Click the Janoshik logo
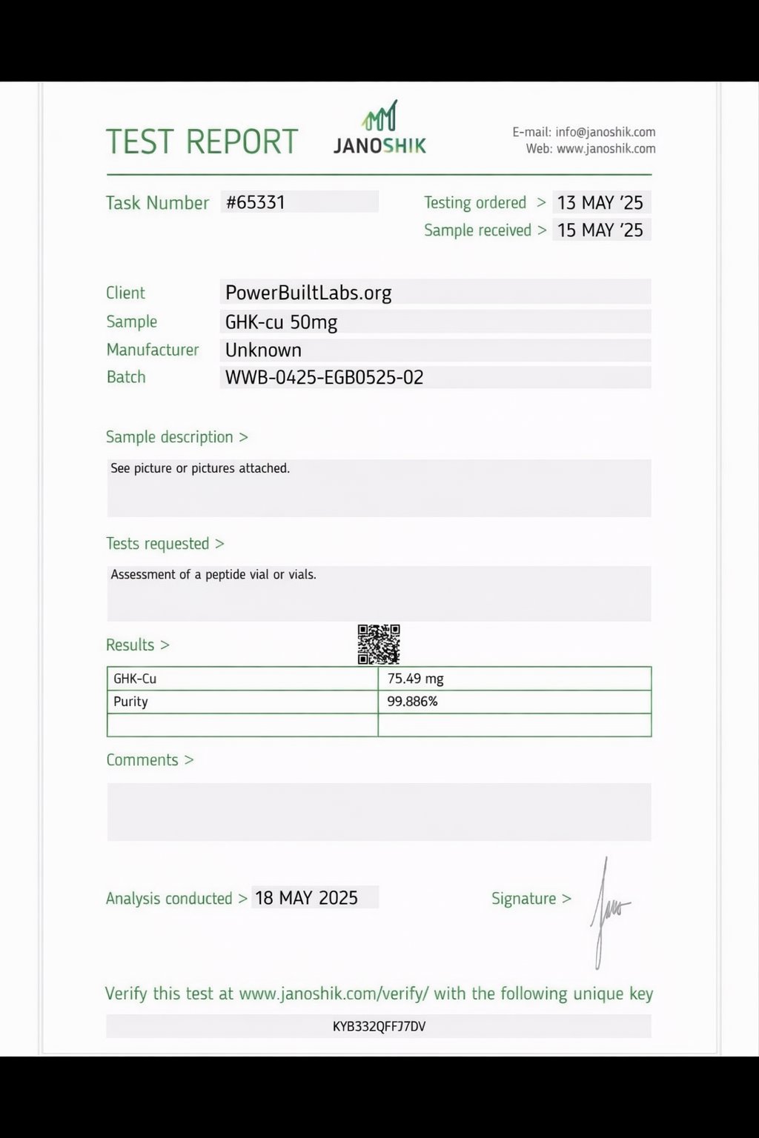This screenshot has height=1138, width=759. [x=379, y=128]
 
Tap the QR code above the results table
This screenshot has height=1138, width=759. [x=379, y=644]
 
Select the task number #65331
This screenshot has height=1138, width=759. [x=256, y=202]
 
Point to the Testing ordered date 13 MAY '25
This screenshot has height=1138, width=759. [x=600, y=202]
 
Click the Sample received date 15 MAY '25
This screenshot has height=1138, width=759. [x=600, y=230]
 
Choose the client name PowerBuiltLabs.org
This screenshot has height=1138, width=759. [x=308, y=293]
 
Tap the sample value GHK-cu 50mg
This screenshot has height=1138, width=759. [x=282, y=322]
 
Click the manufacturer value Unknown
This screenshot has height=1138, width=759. [x=263, y=350]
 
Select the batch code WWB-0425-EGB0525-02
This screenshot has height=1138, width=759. [x=325, y=377]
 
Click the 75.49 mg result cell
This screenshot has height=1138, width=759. [x=416, y=679]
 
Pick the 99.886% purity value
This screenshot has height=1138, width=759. [x=413, y=702]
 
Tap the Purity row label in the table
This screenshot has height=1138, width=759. [x=130, y=702]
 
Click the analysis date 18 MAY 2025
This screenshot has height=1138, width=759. [x=306, y=898]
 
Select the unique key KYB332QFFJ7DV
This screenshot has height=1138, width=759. [x=379, y=1026]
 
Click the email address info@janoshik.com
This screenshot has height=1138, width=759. [x=606, y=132]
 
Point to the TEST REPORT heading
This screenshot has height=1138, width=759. [x=202, y=142]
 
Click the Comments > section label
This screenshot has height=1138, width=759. [x=150, y=760]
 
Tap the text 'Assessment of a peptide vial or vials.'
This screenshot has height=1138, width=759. [x=213, y=574]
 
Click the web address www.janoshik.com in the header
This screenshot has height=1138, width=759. [x=606, y=149]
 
